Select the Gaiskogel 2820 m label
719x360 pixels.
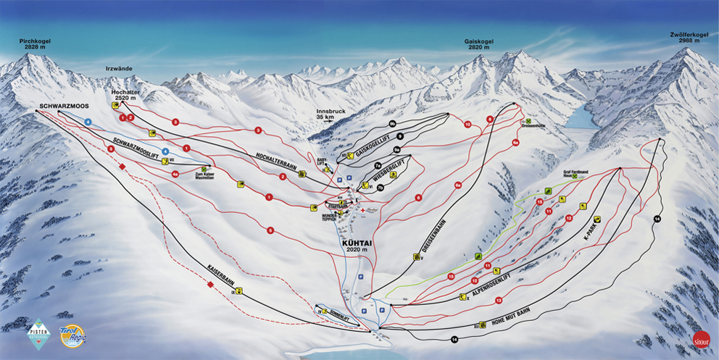(478, 46)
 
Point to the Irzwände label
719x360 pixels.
(119, 68)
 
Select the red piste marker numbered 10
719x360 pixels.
(467, 125)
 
